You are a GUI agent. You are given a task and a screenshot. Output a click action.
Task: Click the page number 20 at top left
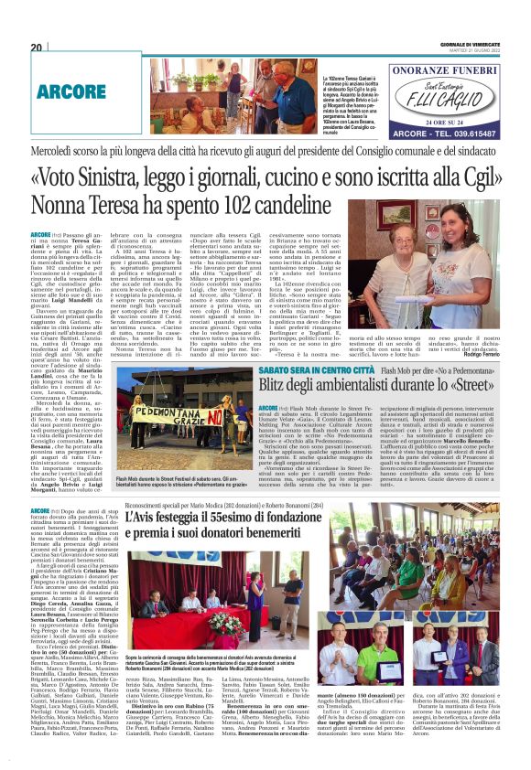(x=36, y=48)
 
